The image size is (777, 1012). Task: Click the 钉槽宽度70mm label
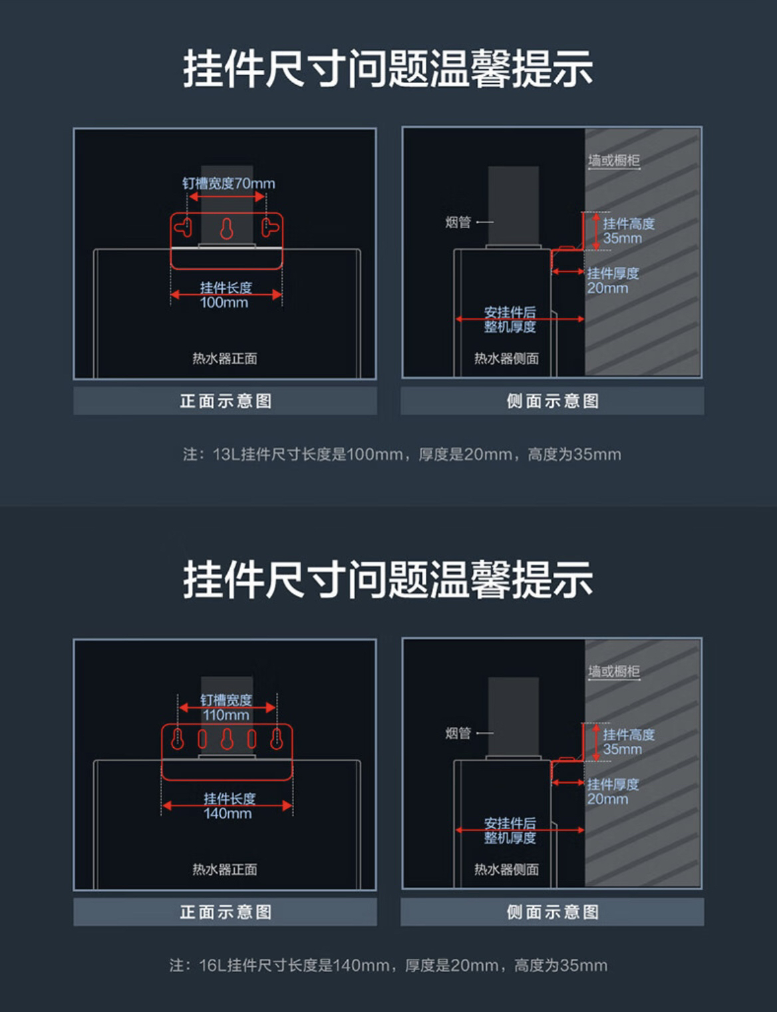(228, 183)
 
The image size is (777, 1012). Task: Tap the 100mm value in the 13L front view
(224, 303)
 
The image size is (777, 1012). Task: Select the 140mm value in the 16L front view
(228, 814)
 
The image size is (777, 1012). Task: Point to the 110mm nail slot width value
(226, 715)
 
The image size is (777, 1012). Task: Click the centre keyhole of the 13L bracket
(227, 229)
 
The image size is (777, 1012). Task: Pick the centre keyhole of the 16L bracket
(227, 739)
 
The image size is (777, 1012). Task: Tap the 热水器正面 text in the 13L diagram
(225, 359)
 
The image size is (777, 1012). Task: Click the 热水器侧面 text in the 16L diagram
(506, 870)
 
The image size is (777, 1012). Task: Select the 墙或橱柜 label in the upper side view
(613, 160)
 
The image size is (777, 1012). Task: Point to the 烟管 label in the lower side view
(458, 733)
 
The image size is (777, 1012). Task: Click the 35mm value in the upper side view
(623, 238)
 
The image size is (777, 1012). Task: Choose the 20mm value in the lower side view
(607, 799)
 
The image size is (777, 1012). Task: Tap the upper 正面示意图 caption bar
(226, 401)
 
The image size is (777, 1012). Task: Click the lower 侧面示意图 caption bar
(552, 912)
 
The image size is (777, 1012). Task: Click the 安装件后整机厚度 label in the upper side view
(510, 319)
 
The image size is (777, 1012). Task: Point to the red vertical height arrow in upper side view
(596, 232)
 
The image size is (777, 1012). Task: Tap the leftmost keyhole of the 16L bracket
(178, 739)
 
